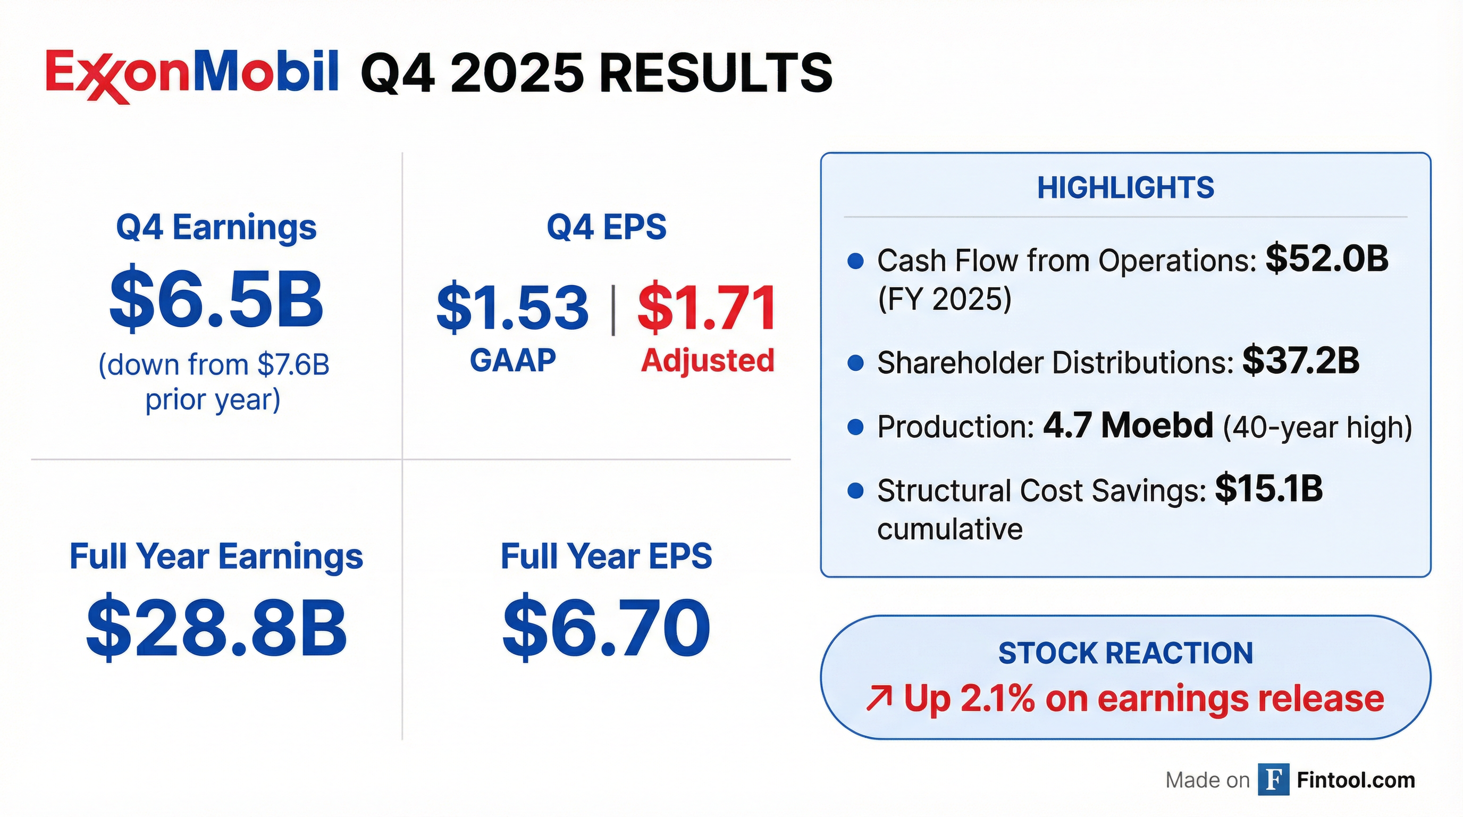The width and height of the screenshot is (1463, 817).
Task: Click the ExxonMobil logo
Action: [192, 75]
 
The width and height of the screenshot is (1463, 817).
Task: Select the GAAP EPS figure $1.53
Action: [512, 308]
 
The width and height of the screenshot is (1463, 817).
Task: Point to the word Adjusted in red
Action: [708, 360]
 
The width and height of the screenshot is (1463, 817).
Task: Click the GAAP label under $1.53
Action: [513, 360]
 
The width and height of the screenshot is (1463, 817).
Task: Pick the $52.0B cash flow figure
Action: [1327, 259]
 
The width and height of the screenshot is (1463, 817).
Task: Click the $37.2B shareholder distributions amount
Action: [1300, 361]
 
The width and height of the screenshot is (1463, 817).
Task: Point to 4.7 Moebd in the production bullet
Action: [1128, 426]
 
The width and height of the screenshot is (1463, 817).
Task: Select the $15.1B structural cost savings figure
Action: [1269, 489]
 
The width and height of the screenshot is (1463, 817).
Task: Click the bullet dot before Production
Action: [855, 427]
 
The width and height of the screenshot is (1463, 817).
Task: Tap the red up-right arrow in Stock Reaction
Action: [879, 699]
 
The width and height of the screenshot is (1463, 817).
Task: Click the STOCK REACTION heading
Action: [1125, 653]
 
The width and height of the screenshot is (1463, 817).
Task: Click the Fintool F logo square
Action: [1273, 780]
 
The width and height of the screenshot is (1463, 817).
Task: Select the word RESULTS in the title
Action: [716, 74]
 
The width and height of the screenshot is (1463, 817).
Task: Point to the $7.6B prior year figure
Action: [293, 365]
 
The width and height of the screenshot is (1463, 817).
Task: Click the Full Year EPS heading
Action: [607, 556]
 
